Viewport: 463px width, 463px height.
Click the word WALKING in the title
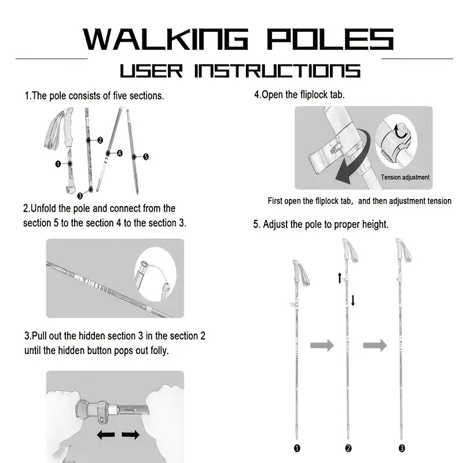(166, 39)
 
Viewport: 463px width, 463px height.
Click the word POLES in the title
(330, 39)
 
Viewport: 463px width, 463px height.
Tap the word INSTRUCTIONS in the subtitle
(277, 71)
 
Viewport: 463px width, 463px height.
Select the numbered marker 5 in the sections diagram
(146, 157)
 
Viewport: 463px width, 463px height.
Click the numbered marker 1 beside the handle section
(58, 164)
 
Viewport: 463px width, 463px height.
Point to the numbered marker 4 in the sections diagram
(120, 153)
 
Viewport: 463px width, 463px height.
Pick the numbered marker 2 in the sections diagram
(100, 140)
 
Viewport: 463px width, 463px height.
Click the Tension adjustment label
(405, 177)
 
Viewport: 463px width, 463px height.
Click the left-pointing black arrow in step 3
(106, 435)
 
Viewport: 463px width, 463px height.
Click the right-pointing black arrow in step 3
(131, 435)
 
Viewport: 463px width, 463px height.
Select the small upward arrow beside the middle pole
(340, 278)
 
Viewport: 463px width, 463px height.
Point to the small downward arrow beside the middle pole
(353, 300)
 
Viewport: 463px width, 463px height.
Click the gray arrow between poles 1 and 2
(322, 345)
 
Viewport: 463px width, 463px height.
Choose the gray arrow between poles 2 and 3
(375, 345)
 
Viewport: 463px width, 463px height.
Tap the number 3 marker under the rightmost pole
(402, 448)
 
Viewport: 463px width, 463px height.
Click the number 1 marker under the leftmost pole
(297, 448)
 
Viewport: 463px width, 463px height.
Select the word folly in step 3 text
(160, 351)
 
